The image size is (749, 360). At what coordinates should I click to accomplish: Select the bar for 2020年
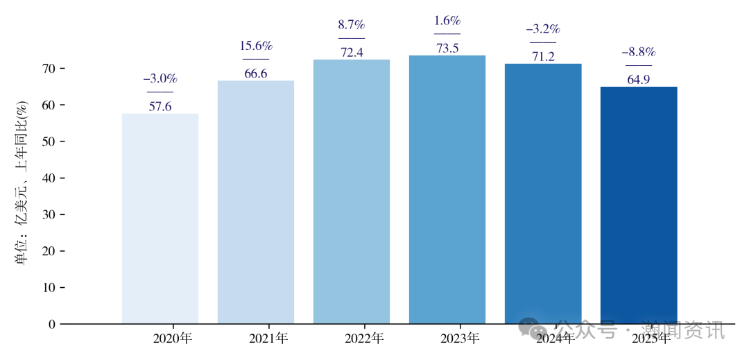[160, 218]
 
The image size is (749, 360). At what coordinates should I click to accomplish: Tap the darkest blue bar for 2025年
[638, 205]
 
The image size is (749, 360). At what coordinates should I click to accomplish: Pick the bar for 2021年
[255, 201]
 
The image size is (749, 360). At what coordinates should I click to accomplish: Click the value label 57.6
[160, 107]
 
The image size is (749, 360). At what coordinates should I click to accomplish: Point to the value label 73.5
[447, 49]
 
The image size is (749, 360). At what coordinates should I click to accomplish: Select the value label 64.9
[638, 80]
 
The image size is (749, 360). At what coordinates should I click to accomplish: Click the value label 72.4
[351, 53]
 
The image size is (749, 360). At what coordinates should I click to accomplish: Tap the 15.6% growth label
[256, 46]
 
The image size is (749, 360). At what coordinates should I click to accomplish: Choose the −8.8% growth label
[638, 53]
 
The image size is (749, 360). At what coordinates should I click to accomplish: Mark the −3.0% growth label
[160, 78]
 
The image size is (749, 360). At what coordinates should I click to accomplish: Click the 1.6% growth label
[447, 21]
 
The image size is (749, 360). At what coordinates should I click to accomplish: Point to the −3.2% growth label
[542, 30]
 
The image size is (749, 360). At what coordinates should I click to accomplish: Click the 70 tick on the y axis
[48, 69]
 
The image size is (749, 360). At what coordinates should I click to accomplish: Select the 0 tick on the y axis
[51, 324]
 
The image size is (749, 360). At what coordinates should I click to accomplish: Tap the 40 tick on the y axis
[48, 178]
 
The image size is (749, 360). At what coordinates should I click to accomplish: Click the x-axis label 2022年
[363, 339]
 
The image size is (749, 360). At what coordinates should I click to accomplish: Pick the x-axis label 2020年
[172, 339]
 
